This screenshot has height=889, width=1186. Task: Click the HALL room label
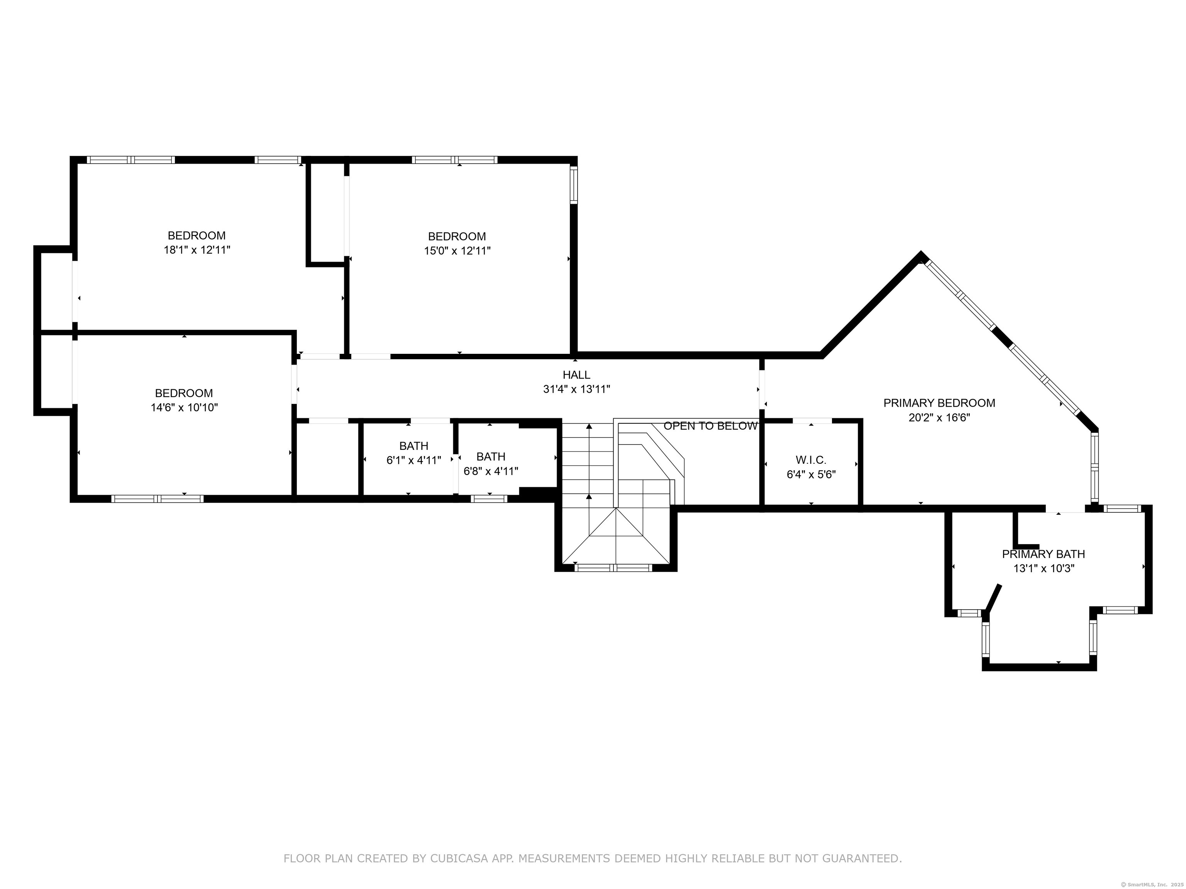pos(576,375)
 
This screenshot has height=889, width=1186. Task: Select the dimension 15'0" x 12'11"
pos(457,251)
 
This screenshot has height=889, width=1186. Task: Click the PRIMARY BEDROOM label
pos(939,403)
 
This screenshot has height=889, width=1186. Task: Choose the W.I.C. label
pos(811,460)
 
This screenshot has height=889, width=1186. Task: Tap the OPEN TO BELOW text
pos(710,426)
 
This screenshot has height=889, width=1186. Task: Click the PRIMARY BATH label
pos(1044,554)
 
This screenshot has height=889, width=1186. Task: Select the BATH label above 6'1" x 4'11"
pos(414,446)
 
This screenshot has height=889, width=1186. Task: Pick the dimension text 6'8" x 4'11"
pos(491,472)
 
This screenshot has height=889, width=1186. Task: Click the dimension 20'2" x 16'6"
pos(939,417)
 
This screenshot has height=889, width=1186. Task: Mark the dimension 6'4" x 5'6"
pos(811,474)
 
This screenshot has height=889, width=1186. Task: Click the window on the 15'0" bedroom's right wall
pos(574,185)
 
